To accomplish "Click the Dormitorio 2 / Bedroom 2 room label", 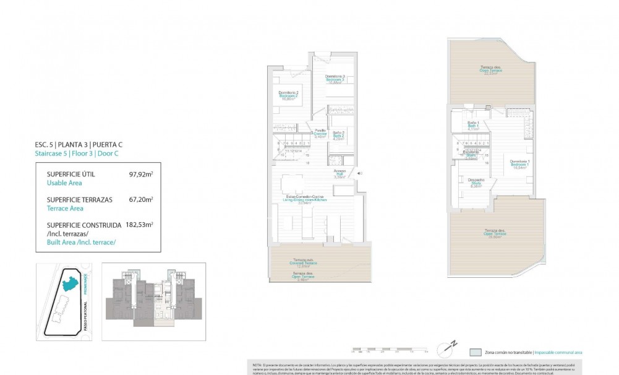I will (288, 95).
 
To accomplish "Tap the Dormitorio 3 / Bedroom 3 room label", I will (335, 79).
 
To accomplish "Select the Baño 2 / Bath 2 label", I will (338, 136).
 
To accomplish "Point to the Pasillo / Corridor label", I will (320, 133).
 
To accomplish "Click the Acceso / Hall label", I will (339, 173).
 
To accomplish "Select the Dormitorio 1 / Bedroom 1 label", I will (519, 165).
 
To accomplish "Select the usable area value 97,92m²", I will (140, 175).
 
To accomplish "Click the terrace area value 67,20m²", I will (140, 200).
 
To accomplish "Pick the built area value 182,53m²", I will (138, 225).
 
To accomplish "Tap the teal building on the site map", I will (70, 285).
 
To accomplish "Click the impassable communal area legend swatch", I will (475, 351).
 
